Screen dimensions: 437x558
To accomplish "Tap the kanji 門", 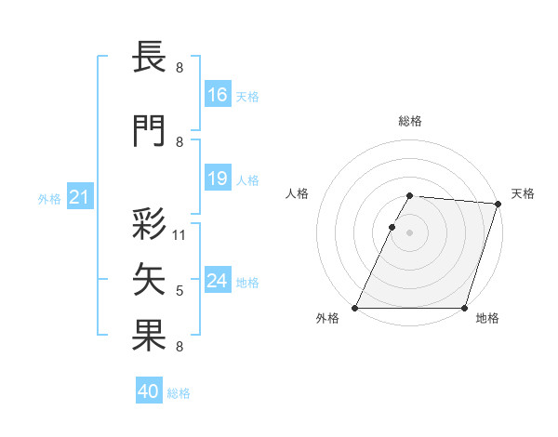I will pos(150,131).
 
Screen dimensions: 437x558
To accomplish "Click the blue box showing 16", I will pos(218,94).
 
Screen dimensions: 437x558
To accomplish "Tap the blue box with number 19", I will pos(218,179).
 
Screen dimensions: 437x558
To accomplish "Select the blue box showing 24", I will pos(218,281).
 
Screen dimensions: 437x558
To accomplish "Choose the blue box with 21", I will pos(79,197).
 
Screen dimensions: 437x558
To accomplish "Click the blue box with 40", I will pos(148,391).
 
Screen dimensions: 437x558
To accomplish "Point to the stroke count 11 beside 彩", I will pos(179,234).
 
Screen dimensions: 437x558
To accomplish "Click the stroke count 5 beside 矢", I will pos(179,291).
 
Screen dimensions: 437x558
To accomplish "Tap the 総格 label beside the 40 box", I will pos(179,393).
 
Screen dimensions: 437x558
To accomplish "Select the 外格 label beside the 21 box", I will pos(49,198).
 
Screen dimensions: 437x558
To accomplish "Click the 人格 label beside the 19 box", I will pos(247,180).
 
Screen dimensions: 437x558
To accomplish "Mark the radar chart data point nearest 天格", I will pos(498,205).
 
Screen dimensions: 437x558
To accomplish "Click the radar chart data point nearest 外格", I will pos(355,308).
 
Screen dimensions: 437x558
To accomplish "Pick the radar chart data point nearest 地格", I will pos(465,308).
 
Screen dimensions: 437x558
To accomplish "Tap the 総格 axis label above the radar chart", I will pos(410,121).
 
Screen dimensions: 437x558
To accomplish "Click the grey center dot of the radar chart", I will pos(410,233).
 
